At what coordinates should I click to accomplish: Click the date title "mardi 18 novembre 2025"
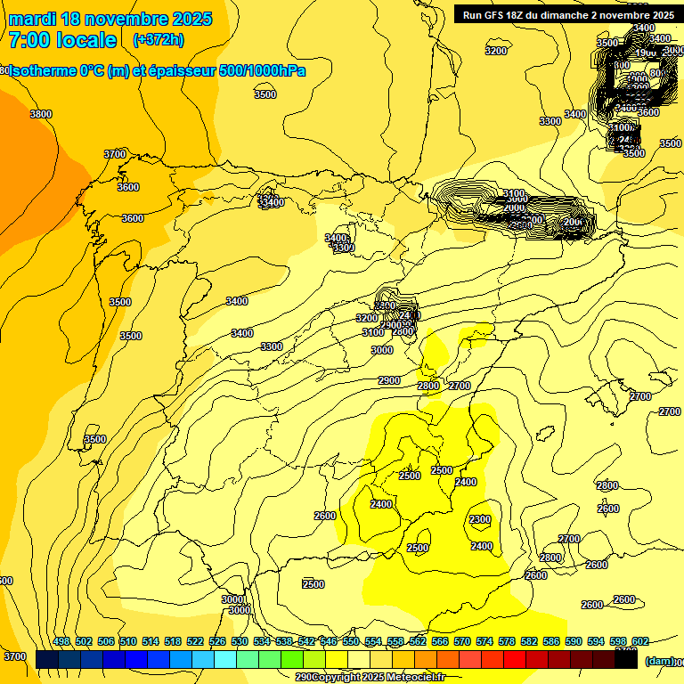click(110, 19)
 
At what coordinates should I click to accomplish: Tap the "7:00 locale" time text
click(62, 40)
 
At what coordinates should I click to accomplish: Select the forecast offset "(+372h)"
click(158, 40)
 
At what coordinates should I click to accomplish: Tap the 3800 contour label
click(41, 114)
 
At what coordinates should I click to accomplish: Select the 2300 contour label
click(479, 519)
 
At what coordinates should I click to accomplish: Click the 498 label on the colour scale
click(61, 641)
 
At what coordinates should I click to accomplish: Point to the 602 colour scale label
click(640, 641)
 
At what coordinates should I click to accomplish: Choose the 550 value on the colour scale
click(351, 641)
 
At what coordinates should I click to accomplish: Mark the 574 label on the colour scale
click(484, 641)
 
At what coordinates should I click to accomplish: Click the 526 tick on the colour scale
click(217, 641)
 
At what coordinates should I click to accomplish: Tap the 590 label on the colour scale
click(574, 641)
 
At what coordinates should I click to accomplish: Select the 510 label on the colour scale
click(128, 641)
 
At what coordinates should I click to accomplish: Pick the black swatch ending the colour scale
click(626, 659)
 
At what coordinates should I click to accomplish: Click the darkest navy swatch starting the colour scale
click(47, 659)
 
